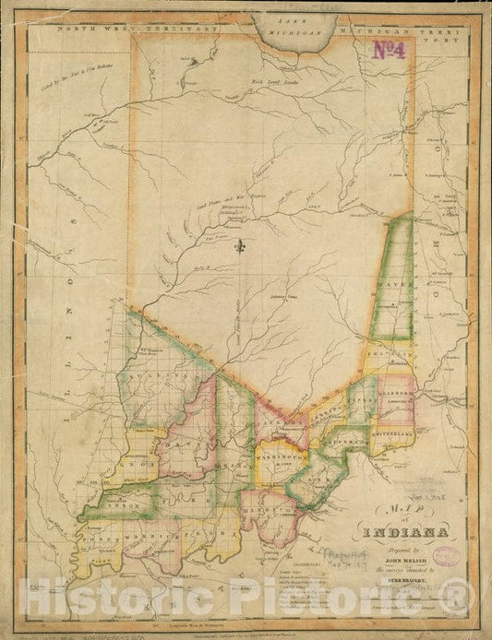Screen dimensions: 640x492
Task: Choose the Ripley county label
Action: [x=362, y=403]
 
